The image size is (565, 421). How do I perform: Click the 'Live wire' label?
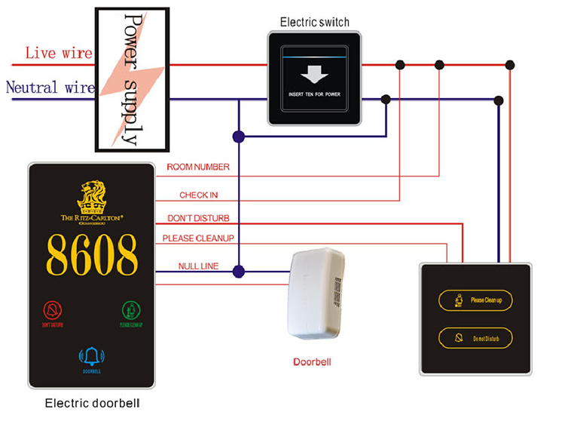coord(59,54)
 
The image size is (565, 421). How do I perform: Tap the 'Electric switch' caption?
coord(314,23)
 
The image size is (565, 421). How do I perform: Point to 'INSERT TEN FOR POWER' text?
coord(316,95)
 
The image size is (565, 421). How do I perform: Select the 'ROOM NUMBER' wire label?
coord(198,167)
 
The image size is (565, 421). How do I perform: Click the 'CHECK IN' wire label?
coord(198,195)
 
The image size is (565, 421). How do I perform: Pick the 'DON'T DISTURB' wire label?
coord(197,218)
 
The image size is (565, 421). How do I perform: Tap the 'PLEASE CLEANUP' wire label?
coord(198,239)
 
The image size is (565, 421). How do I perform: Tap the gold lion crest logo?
coord(92,196)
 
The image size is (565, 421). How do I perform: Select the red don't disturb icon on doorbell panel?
coord(52,310)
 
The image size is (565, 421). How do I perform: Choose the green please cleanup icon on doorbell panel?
coord(131,310)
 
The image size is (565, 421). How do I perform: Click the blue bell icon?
coord(92,355)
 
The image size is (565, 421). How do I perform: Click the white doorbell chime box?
coord(316,293)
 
